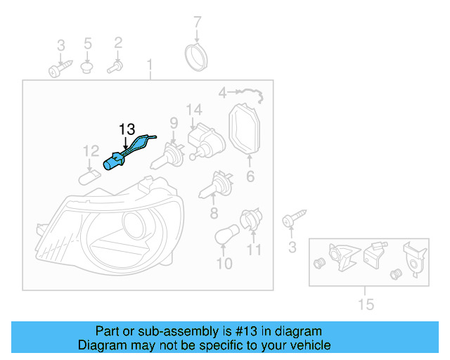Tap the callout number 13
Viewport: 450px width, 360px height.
click(x=127, y=129)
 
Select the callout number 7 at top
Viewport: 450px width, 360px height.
click(x=197, y=22)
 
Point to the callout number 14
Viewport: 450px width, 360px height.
click(x=194, y=110)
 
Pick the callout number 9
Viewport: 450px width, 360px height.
click(x=172, y=123)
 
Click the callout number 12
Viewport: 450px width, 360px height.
click(x=91, y=151)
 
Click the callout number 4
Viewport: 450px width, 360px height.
click(x=223, y=93)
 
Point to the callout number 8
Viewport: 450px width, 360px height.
click(x=214, y=213)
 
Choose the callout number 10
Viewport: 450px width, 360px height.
click(x=224, y=264)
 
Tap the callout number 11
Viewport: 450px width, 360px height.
click(x=254, y=249)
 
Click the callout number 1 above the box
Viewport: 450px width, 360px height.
click(x=149, y=66)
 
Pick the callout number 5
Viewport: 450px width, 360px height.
click(x=88, y=44)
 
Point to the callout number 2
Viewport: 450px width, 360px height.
click(x=118, y=44)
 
